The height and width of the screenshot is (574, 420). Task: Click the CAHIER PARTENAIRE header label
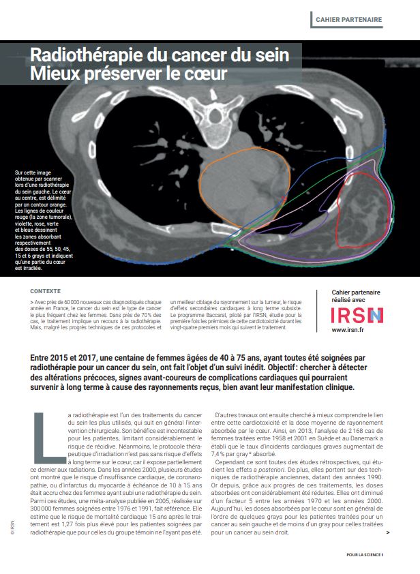[348, 20]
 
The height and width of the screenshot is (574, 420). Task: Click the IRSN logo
[357, 315]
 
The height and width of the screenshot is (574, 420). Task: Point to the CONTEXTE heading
[45, 290]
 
